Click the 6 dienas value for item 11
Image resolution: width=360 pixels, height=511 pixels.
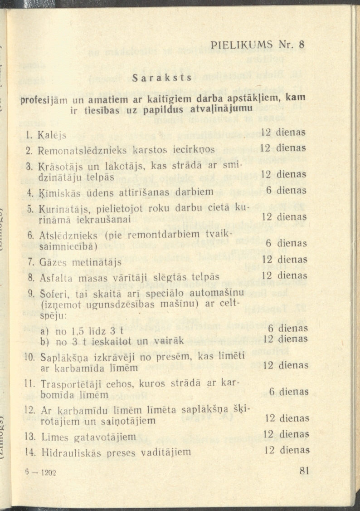(288, 391)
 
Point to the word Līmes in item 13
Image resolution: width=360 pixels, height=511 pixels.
(54, 437)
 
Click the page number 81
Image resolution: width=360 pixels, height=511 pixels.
(304, 471)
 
